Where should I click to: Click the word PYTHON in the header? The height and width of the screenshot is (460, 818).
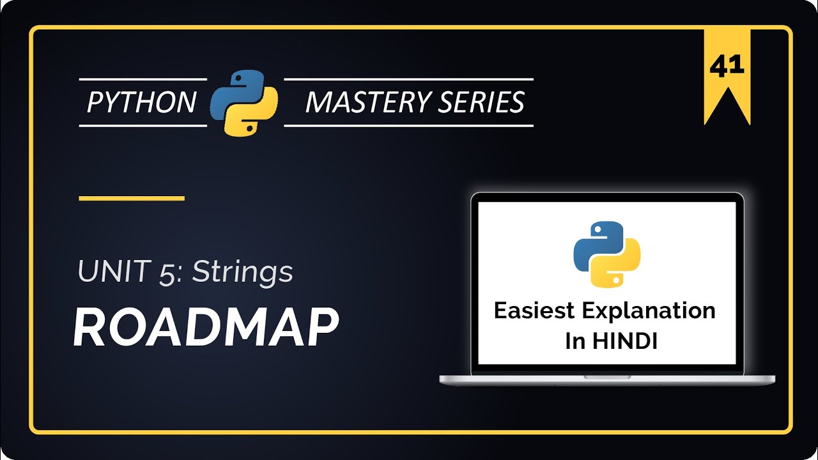click(x=141, y=102)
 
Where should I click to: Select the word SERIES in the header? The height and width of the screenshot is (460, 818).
click(x=485, y=102)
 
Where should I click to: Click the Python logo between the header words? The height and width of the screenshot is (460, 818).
click(x=244, y=102)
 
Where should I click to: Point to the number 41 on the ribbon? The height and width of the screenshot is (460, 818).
click(x=727, y=66)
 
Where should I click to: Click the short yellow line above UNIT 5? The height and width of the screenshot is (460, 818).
click(x=132, y=198)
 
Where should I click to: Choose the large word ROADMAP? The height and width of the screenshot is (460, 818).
click(x=205, y=327)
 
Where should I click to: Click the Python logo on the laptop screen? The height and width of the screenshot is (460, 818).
click(x=606, y=254)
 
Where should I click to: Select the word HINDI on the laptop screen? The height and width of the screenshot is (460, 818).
click(x=626, y=341)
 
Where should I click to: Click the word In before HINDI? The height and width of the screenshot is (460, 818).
click(x=575, y=341)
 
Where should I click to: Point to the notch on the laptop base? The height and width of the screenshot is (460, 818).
click(x=607, y=377)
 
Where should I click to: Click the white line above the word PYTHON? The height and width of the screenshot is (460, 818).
click(x=143, y=79)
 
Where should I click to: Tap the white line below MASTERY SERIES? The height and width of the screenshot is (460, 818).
click(x=408, y=126)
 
